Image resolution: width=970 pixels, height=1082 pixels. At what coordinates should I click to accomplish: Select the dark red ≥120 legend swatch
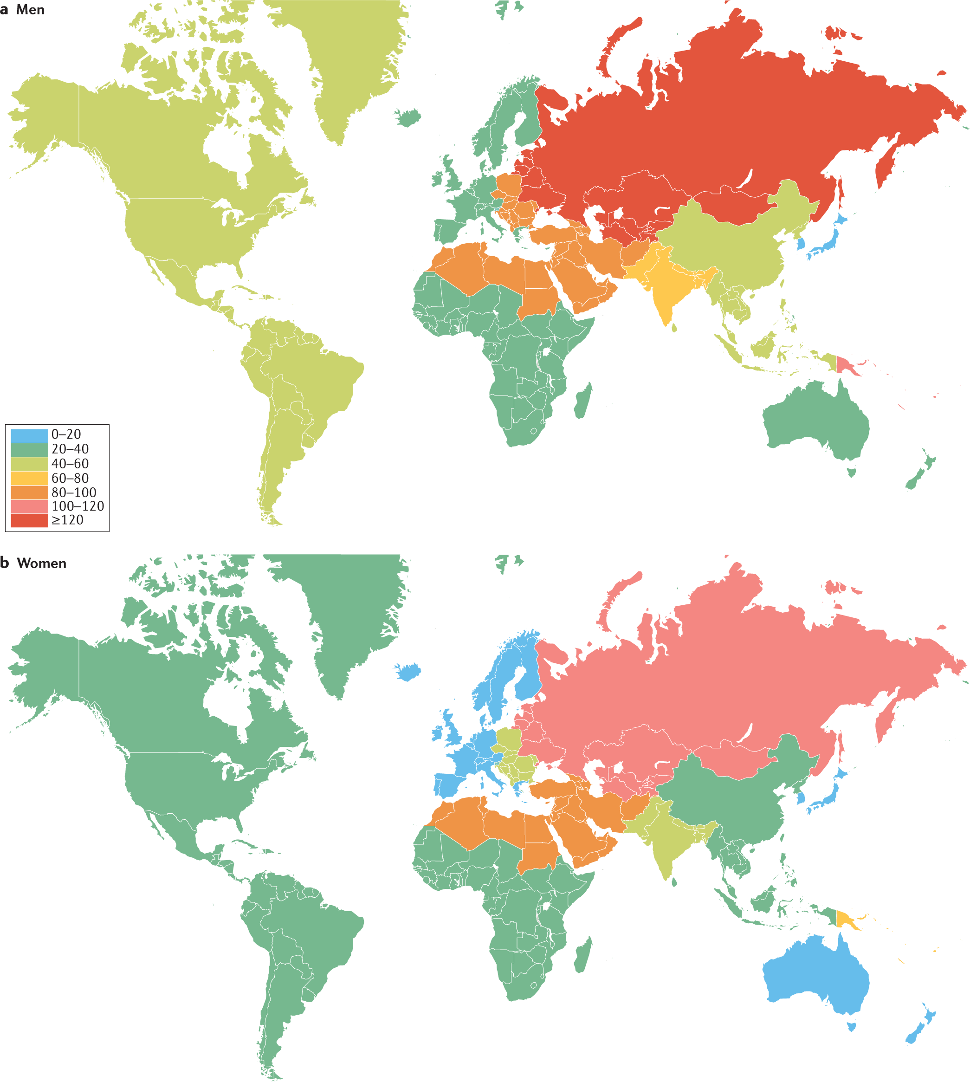click(x=29, y=520)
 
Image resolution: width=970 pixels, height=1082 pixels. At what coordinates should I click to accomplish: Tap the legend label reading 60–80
click(x=70, y=478)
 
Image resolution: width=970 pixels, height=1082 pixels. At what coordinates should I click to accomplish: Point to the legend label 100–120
click(x=78, y=506)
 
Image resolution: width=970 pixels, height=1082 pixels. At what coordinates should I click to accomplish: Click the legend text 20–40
click(x=70, y=449)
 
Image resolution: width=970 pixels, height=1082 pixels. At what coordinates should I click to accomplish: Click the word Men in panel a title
click(x=30, y=10)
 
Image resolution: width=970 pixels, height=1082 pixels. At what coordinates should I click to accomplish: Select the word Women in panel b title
click(x=42, y=564)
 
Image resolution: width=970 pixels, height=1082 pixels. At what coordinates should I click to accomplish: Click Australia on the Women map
click(x=815, y=975)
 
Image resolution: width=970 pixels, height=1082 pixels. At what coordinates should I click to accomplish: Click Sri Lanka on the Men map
click(x=674, y=328)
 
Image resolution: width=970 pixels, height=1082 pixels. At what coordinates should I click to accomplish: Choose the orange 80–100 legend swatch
click(x=29, y=492)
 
